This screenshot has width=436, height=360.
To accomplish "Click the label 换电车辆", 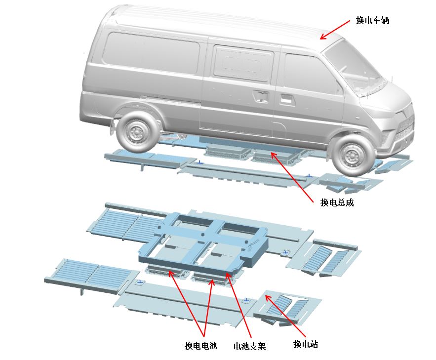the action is click(x=373, y=21).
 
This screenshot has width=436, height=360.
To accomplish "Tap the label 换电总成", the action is click(x=337, y=202).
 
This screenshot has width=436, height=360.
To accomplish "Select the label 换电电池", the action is click(x=201, y=346).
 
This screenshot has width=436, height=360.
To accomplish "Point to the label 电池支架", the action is click(x=250, y=346).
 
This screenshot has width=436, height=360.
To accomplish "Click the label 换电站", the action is click(x=306, y=344).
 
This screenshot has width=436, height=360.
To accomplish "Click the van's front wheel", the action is click(x=351, y=155).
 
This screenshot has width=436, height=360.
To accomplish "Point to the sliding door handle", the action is click(x=261, y=95).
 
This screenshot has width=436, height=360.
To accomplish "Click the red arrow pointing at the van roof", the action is click(x=335, y=30).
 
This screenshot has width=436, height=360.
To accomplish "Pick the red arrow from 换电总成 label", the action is click(x=292, y=177).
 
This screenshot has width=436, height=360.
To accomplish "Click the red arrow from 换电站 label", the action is click(x=285, y=317).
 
